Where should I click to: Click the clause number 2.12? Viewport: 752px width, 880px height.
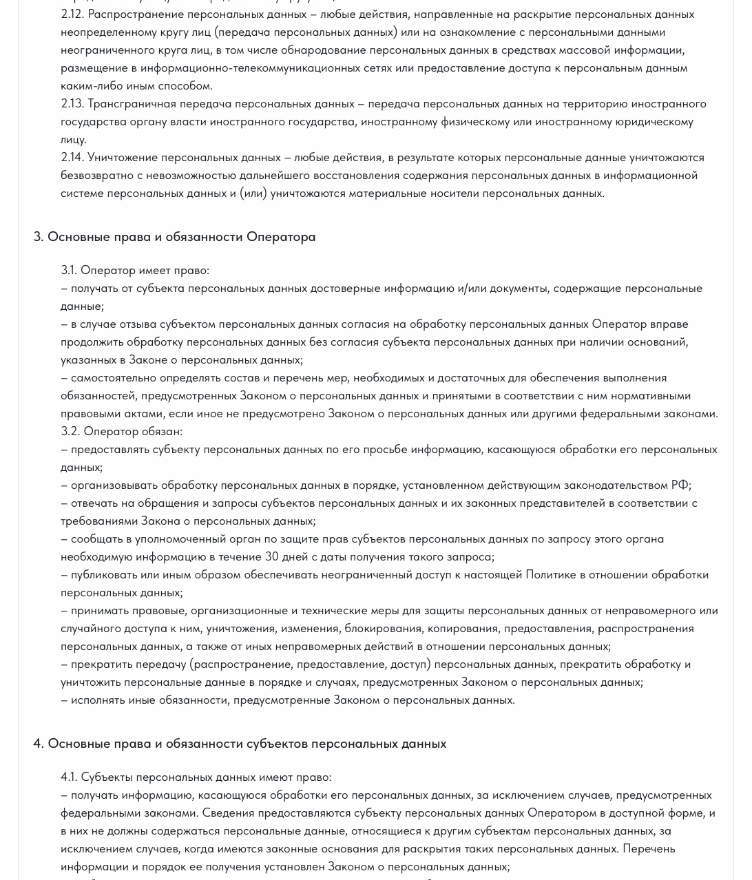72,14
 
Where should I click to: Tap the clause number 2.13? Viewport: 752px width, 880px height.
72,103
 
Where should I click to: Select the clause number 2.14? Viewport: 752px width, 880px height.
72,157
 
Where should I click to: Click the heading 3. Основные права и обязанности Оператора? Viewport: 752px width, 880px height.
174,236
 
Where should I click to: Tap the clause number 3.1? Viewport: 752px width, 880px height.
69,270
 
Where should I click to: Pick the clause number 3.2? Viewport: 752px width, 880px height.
70,431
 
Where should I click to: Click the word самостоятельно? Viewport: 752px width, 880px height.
114,377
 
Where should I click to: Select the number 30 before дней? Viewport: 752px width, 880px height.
272,556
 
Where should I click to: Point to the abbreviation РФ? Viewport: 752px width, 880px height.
680,485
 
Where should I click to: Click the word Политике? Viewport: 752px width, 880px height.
551,574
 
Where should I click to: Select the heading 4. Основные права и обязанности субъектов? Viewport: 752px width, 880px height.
240,743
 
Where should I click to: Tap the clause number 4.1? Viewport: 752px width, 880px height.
69,777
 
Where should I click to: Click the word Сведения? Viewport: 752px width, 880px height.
228,813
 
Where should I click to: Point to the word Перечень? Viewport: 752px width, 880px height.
649,848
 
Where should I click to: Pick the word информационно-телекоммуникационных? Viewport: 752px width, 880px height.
253,67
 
